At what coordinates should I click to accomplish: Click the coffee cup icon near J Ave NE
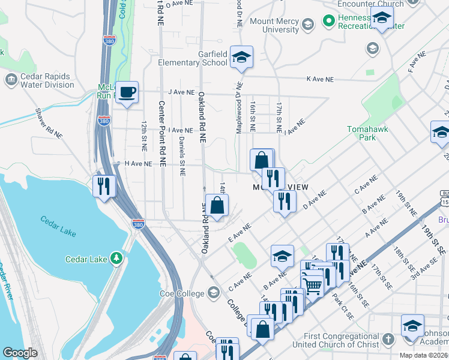coord(127,93)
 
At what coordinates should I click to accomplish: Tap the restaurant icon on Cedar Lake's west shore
coord(103,185)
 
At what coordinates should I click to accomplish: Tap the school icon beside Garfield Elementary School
coord(241,57)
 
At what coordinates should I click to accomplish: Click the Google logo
coord(20,353)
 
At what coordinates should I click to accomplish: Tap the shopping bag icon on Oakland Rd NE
coord(217,206)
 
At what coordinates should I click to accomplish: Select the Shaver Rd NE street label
coord(49,124)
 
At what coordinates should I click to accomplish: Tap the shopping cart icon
coord(312,285)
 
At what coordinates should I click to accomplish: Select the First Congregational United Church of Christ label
coord(336,340)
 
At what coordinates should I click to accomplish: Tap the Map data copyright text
coord(422,355)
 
